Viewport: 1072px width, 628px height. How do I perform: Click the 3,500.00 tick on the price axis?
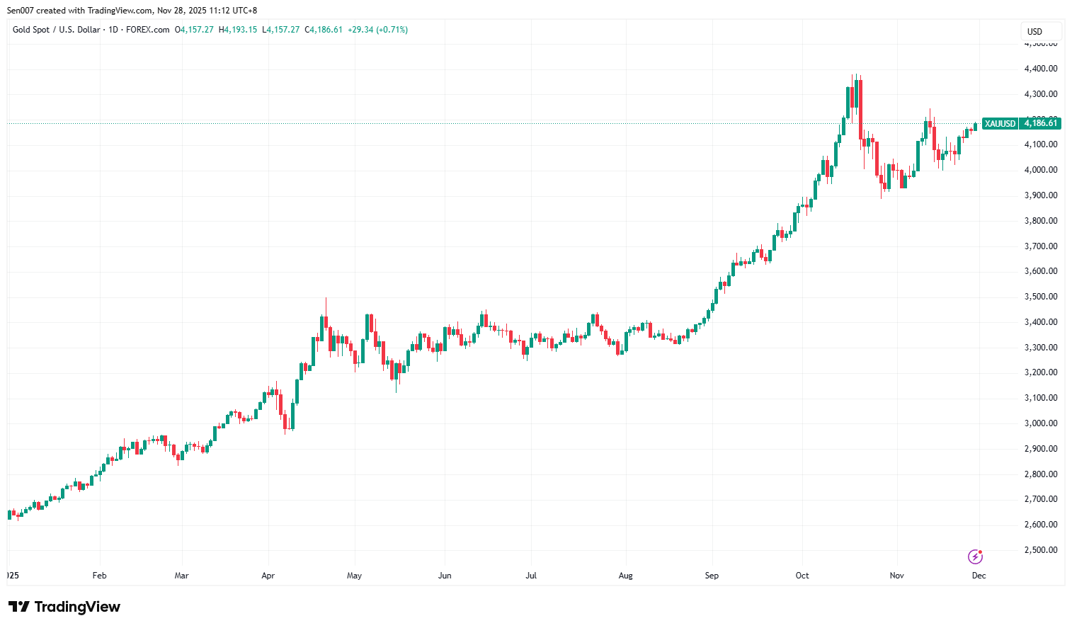coord(1040,297)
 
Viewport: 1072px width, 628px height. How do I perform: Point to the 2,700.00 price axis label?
coord(1040,499)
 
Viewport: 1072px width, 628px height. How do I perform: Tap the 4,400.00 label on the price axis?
coord(1040,69)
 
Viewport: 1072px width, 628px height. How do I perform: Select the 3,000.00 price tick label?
coord(1040,423)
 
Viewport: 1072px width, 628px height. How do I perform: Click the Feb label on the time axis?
coord(100,576)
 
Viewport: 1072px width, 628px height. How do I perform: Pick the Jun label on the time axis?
coord(445,576)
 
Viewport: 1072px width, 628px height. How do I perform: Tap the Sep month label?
coord(712,576)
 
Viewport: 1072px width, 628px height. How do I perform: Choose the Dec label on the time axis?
coord(979,576)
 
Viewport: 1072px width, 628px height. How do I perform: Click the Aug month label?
coord(626,576)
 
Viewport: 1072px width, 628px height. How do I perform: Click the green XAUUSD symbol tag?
coord(1000,124)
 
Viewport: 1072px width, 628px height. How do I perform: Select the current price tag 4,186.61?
coord(1040,124)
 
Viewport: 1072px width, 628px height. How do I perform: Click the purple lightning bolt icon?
coord(976,556)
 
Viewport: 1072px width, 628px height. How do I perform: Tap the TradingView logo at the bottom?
coord(64,607)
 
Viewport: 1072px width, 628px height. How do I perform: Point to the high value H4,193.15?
coord(238,30)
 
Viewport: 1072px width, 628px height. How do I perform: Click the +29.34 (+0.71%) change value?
coord(377,30)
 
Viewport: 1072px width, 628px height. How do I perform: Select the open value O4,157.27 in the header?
coord(194,30)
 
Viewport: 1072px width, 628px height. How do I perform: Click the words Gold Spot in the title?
coord(31,30)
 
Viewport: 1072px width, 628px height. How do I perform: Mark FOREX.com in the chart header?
coord(147,30)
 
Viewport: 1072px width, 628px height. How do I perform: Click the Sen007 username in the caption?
coord(21,11)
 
